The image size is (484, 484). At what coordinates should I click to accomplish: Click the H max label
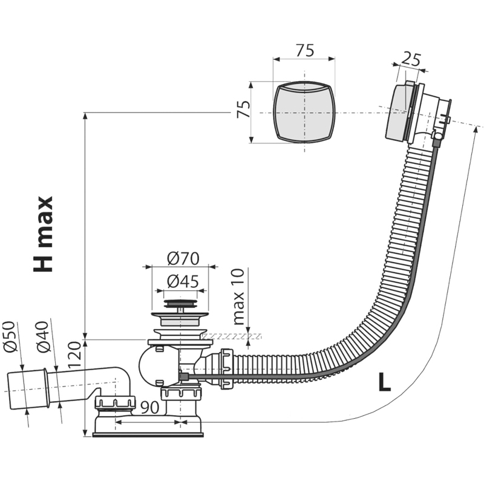[x=43, y=234]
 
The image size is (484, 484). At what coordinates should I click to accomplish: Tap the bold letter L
[x=385, y=382]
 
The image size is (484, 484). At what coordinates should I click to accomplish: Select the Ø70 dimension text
[x=183, y=259]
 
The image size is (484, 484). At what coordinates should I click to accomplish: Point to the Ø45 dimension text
[x=183, y=281]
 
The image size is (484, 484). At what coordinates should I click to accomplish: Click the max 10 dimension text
[x=238, y=297]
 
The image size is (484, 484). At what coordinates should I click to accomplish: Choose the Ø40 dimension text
[x=42, y=337]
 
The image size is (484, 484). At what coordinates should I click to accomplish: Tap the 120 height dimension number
[x=74, y=355]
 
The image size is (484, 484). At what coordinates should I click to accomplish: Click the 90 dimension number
[x=149, y=407]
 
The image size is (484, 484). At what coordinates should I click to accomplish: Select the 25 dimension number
[x=411, y=59]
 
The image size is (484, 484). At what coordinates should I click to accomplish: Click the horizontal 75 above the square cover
[x=305, y=50]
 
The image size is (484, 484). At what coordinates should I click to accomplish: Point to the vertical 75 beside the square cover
[x=243, y=109]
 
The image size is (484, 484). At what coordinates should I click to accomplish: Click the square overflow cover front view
[x=304, y=113]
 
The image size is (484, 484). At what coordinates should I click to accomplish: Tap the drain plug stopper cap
[x=180, y=304]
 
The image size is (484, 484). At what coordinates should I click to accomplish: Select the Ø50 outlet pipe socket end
[x=27, y=389]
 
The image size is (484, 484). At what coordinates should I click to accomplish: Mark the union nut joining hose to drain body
[x=227, y=368]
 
